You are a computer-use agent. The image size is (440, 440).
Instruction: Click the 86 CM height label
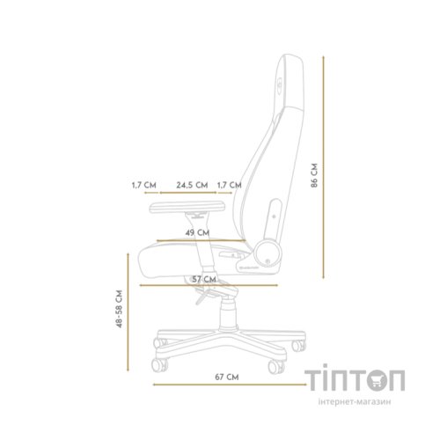pyautogui.click(x=340, y=176)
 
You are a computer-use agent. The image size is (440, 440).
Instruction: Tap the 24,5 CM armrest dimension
pyautogui.click(x=192, y=185)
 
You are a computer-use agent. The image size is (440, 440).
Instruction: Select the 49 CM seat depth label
pyautogui.click(x=197, y=232)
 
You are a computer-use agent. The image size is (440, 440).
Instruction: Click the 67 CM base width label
pyautogui.click(x=226, y=376)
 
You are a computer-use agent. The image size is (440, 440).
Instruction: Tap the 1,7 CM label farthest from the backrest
pyautogui.click(x=143, y=185)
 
